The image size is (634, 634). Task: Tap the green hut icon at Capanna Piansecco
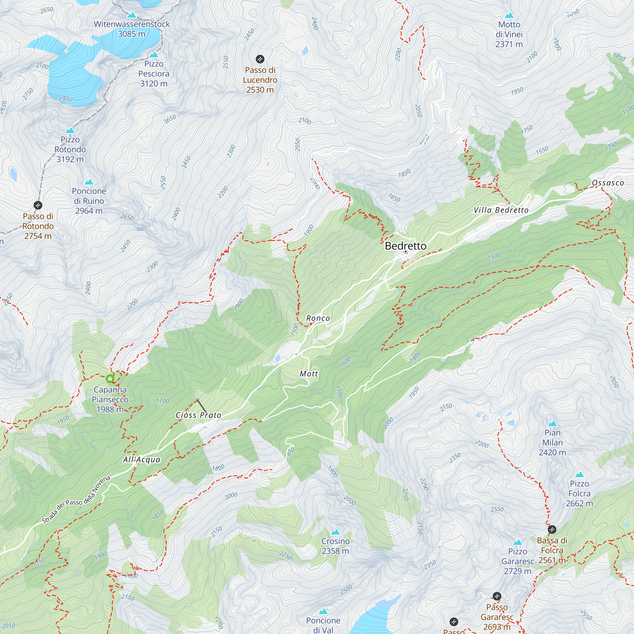110,379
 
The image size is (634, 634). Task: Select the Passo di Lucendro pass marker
260,59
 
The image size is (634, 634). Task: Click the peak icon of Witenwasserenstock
132,15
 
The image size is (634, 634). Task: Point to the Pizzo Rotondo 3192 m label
70,149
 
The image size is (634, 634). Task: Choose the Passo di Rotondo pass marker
38,205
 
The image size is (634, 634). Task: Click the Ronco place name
318,318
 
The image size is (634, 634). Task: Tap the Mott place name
308,373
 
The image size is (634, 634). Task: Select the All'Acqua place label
141,459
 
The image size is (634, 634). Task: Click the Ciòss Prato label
198,415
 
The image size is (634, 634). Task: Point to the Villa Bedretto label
501,210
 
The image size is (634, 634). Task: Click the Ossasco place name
608,183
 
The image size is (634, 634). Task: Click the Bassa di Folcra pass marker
552,529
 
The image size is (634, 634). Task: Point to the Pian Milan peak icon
552,424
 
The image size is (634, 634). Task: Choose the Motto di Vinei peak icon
509,16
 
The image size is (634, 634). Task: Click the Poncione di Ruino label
89,201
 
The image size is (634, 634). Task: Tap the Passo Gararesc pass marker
497,596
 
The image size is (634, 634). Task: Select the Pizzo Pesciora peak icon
153,55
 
